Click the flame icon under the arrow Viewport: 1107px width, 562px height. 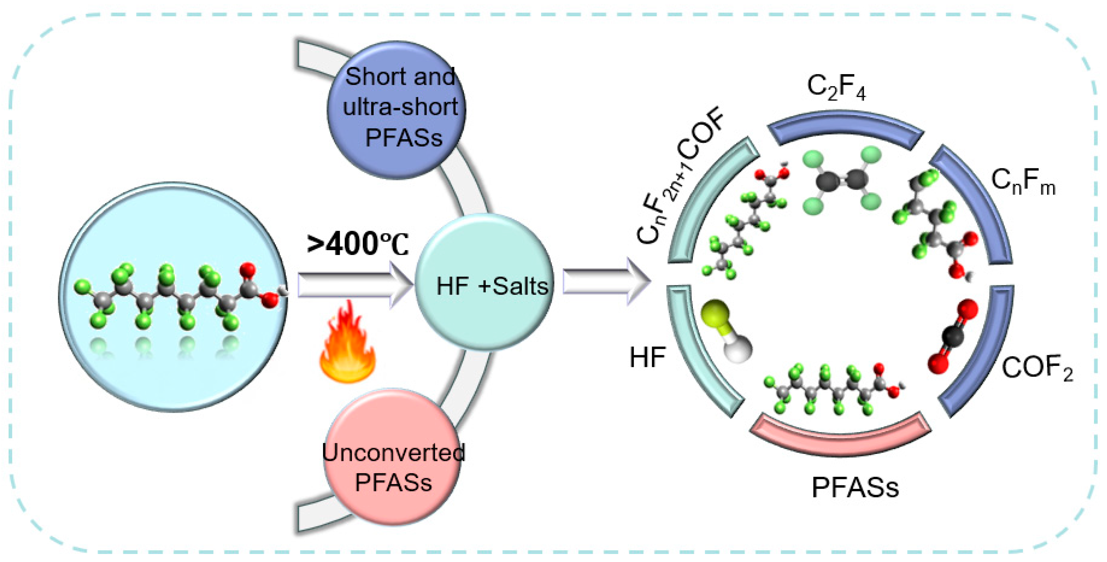pyautogui.click(x=347, y=344)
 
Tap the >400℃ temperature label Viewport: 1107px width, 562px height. pyautogui.click(x=358, y=244)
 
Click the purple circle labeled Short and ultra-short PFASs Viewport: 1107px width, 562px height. pyautogui.click(x=396, y=109)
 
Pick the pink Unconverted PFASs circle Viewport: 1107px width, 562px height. pyautogui.click(x=392, y=458)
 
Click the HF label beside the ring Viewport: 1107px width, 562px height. pyautogui.click(x=647, y=357)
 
